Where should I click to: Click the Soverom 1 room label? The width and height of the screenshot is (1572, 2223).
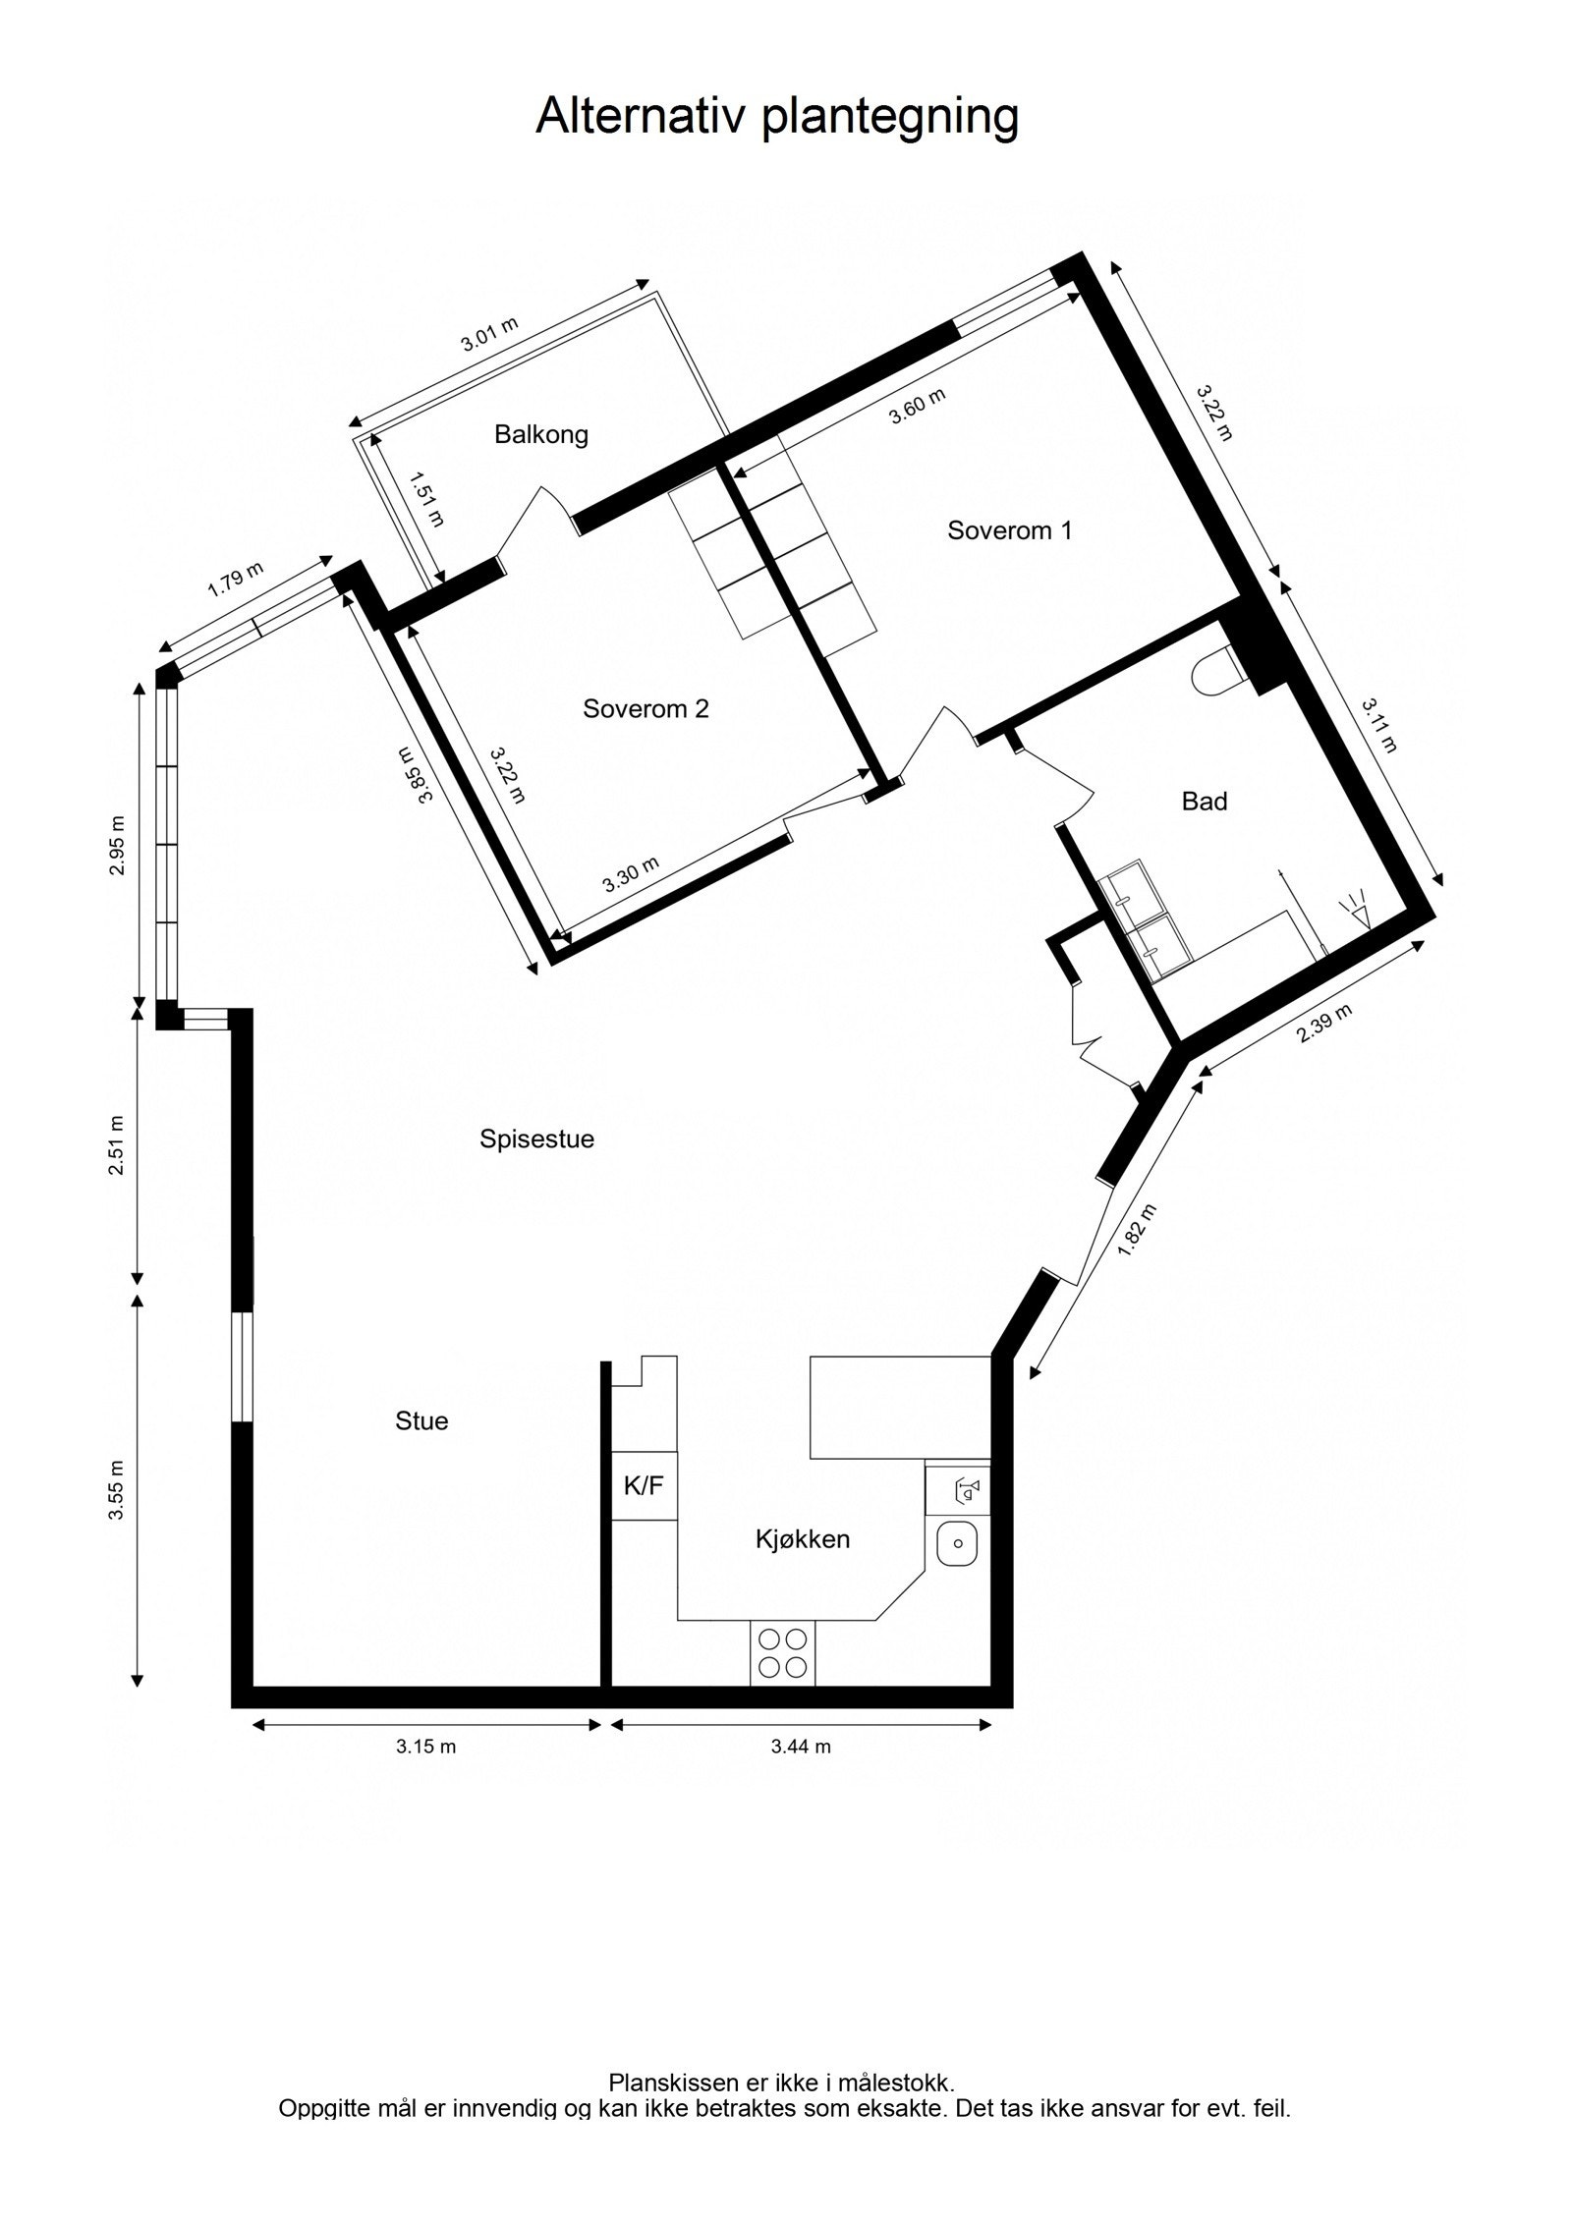coord(1009,530)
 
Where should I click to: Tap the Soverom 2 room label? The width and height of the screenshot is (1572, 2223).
coord(646,708)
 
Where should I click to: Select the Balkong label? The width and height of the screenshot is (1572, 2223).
coord(541,434)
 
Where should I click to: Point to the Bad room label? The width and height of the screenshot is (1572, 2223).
coord(1204,802)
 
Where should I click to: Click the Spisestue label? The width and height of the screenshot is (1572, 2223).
coord(536,1139)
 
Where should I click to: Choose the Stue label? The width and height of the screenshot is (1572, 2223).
coord(421,1420)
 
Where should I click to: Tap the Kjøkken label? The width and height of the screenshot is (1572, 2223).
coord(802,1539)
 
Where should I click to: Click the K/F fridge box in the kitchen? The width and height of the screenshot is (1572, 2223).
coord(644,1485)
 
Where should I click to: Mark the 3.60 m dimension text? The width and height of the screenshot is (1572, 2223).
coord(917,407)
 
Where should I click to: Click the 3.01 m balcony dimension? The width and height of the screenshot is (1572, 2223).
coord(489,335)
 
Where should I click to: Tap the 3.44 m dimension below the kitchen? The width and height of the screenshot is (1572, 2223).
coord(801,1747)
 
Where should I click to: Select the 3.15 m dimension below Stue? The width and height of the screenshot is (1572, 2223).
coord(425,1747)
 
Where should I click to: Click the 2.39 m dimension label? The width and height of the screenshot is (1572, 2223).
coord(1323,1024)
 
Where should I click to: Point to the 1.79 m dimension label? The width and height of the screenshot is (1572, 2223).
coord(236,580)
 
